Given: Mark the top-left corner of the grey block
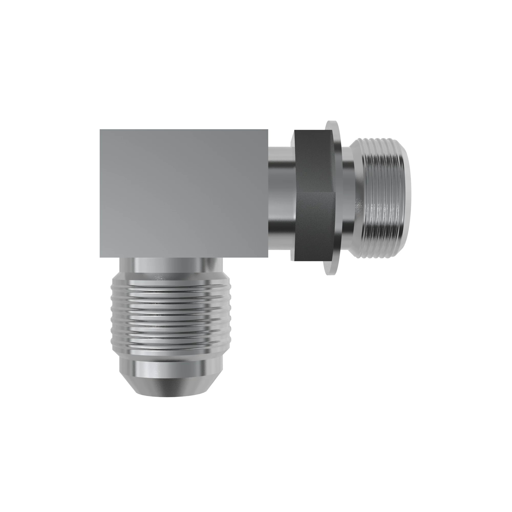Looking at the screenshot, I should tap(100, 130).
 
